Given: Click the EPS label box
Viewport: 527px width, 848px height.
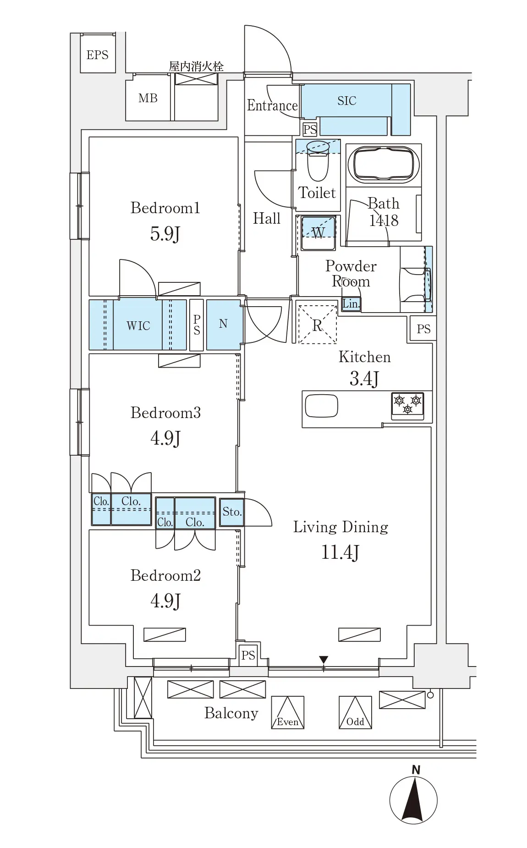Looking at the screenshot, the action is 98,55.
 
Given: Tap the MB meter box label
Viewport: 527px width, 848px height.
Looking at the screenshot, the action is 148,98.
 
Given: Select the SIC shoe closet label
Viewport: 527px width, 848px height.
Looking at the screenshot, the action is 346,101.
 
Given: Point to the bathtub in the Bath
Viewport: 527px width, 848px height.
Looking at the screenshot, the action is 384,164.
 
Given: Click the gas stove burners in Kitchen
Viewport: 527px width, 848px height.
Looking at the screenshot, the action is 407,405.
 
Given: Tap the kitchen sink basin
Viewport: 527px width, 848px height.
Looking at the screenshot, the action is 322,406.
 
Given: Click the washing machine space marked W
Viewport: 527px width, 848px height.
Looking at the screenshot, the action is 318,233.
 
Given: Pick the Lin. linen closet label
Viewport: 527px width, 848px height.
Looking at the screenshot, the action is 351,303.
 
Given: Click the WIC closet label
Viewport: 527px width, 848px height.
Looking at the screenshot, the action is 138,325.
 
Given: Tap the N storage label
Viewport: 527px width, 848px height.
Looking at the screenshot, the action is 223,324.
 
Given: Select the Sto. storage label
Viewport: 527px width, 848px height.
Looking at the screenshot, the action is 232,512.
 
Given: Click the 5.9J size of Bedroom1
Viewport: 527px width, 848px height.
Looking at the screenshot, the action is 165,234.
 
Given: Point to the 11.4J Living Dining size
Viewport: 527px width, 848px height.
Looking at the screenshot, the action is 340,552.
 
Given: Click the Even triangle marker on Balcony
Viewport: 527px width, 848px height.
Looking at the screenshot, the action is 288,712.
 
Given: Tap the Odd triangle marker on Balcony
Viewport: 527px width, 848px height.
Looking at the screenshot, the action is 355,712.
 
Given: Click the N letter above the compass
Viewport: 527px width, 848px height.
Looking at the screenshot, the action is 416,770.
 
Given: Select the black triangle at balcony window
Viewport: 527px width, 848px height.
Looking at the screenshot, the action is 324,660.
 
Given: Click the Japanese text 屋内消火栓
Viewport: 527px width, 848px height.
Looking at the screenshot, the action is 196,66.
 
